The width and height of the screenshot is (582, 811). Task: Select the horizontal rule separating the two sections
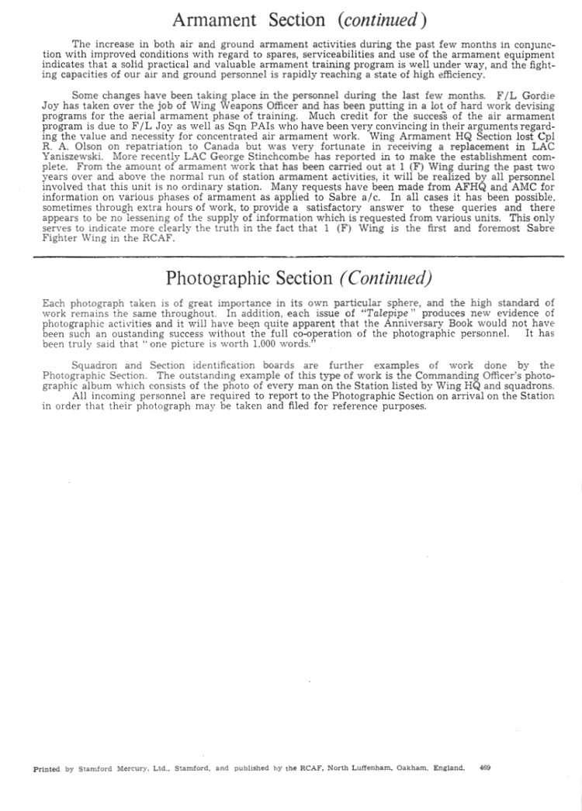(x=299, y=257)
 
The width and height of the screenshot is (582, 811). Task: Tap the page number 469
(x=485, y=769)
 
